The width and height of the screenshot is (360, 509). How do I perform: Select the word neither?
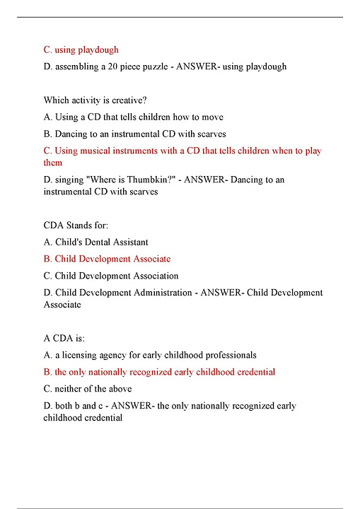[x=69, y=389]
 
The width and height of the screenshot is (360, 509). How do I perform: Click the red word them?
[x=53, y=163]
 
